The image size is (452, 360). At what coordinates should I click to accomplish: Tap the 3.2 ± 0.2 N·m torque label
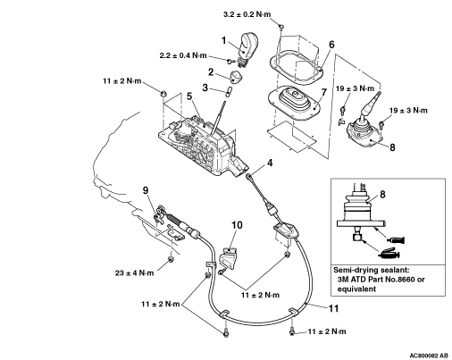click(x=247, y=14)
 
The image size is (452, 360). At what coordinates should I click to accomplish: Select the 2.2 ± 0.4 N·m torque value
click(x=183, y=55)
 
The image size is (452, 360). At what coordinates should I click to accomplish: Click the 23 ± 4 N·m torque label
click(x=134, y=272)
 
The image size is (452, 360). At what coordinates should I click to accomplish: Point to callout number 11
click(x=333, y=308)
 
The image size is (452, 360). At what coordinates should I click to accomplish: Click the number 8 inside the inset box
click(x=382, y=195)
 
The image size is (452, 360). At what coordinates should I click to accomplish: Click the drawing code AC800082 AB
click(x=429, y=356)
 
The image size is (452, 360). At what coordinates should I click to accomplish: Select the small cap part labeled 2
click(x=236, y=77)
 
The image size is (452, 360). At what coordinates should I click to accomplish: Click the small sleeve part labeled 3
click(x=229, y=91)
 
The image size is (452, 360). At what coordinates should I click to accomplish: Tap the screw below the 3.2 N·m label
click(x=280, y=27)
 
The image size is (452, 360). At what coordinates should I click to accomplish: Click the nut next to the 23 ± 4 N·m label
click(x=171, y=259)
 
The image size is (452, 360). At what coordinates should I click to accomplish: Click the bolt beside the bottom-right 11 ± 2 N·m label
click(x=292, y=331)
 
